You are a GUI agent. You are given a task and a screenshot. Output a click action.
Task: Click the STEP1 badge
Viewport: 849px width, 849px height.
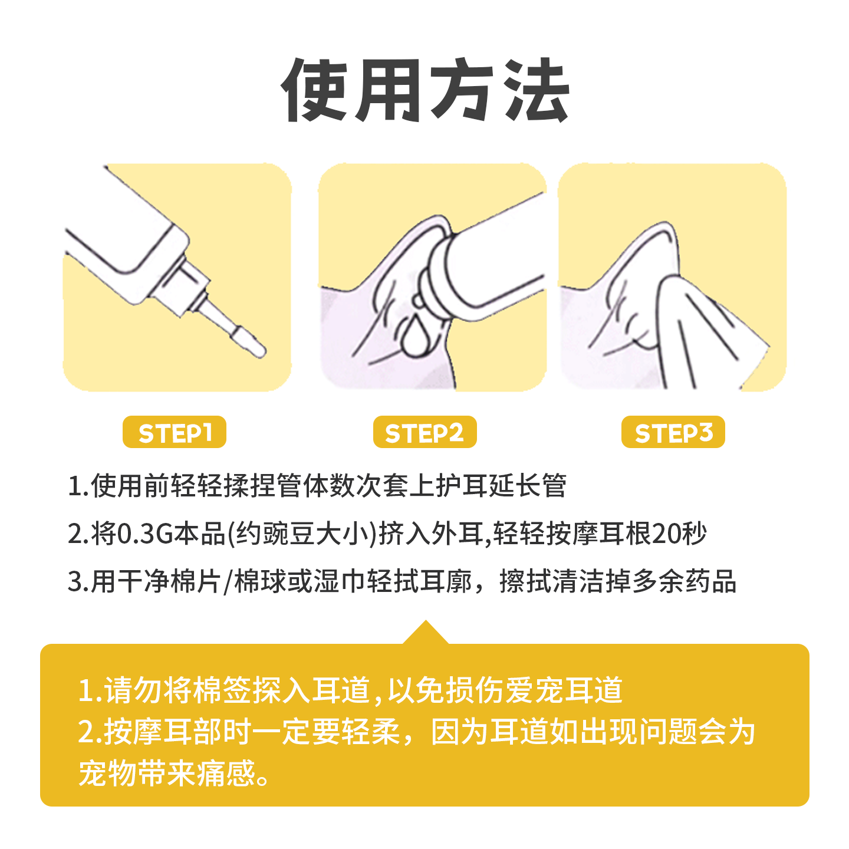click(x=175, y=433)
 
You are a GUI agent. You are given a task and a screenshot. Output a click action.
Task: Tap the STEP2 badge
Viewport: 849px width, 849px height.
click(x=424, y=433)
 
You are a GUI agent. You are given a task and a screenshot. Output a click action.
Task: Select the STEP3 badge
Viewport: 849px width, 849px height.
click(x=673, y=433)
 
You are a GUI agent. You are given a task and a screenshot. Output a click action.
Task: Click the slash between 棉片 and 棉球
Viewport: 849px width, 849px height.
click(x=228, y=583)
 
